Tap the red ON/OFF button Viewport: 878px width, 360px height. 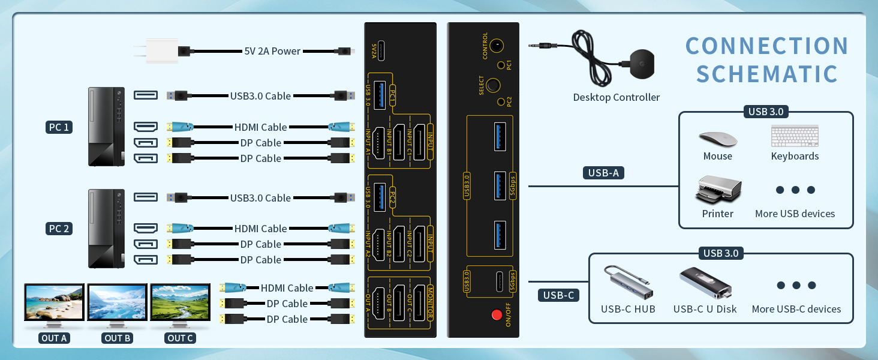496,314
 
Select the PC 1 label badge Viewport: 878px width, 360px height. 59,127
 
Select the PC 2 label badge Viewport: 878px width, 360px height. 59,229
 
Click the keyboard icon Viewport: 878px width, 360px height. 795,136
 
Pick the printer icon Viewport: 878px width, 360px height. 718,190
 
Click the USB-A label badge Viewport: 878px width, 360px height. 603,173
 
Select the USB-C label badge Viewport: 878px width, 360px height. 558,295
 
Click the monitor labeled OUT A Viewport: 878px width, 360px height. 54,304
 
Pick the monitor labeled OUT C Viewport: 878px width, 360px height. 180,304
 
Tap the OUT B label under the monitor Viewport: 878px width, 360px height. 118,338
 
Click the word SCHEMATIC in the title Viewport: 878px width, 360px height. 767,74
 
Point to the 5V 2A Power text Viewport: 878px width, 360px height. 272,51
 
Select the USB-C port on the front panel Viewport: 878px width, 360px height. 498,280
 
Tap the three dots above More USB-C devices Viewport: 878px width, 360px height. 796,286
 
